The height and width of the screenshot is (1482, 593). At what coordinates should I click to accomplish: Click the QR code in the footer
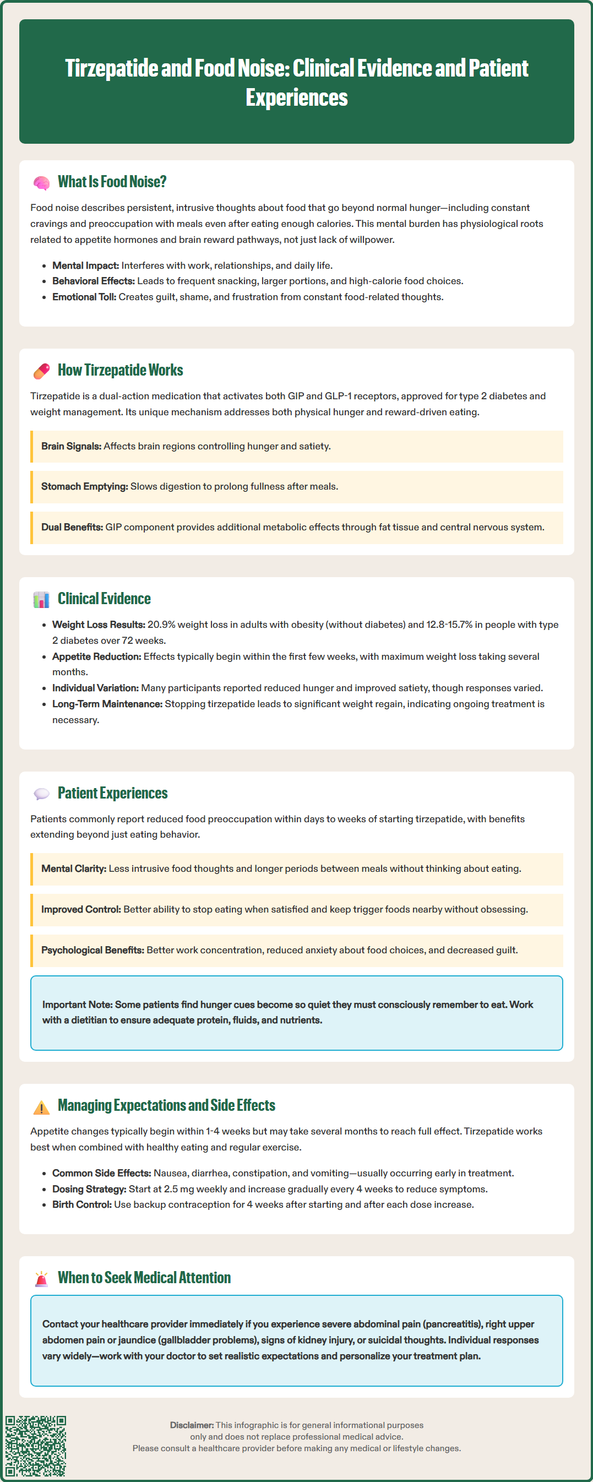click(x=36, y=1446)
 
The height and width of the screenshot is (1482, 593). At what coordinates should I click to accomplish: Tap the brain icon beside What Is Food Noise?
click(x=41, y=183)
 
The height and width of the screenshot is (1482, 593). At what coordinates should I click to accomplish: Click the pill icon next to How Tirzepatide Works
click(x=41, y=371)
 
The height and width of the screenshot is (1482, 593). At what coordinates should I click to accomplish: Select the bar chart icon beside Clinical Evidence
click(x=41, y=600)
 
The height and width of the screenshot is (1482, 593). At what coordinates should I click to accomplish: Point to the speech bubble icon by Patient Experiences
click(x=41, y=794)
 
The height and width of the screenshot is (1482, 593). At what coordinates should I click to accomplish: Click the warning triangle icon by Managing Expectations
click(x=41, y=1106)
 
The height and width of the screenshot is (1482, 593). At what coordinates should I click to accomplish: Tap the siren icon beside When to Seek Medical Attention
click(x=41, y=1278)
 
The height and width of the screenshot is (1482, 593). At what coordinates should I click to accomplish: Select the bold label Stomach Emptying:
click(x=84, y=487)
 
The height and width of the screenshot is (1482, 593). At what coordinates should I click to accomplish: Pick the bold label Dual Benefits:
click(x=72, y=527)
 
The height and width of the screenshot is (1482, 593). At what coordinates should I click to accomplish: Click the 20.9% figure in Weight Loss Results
click(x=161, y=625)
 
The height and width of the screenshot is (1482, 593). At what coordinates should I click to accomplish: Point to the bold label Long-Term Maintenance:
click(x=107, y=704)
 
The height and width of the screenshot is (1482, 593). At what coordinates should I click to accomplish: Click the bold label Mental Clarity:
click(x=74, y=868)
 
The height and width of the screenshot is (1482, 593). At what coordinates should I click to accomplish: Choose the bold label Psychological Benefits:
click(x=93, y=950)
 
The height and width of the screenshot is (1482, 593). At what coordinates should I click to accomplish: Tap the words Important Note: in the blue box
click(x=77, y=1005)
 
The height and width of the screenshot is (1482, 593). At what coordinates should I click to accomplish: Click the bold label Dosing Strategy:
click(x=89, y=1189)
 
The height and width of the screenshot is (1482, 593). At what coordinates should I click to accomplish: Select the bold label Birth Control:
click(x=81, y=1204)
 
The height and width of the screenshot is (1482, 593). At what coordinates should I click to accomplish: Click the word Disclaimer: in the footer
click(x=192, y=1425)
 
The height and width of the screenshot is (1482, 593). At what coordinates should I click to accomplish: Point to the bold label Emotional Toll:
click(x=84, y=297)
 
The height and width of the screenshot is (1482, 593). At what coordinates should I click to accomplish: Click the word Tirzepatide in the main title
click(x=112, y=68)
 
